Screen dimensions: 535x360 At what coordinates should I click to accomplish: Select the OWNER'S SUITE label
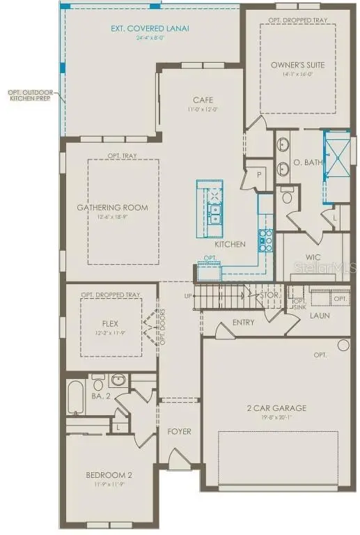coord(298,65)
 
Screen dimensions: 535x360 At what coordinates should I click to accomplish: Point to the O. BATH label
coord(306,163)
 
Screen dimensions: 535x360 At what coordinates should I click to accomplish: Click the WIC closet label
coord(313,257)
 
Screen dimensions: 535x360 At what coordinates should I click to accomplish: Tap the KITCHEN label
coord(230,245)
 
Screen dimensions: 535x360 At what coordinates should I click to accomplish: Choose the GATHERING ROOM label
coord(112,208)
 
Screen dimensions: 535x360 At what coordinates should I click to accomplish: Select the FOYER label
coord(179,431)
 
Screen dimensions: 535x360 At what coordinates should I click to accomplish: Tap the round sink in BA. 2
coord(118,380)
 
